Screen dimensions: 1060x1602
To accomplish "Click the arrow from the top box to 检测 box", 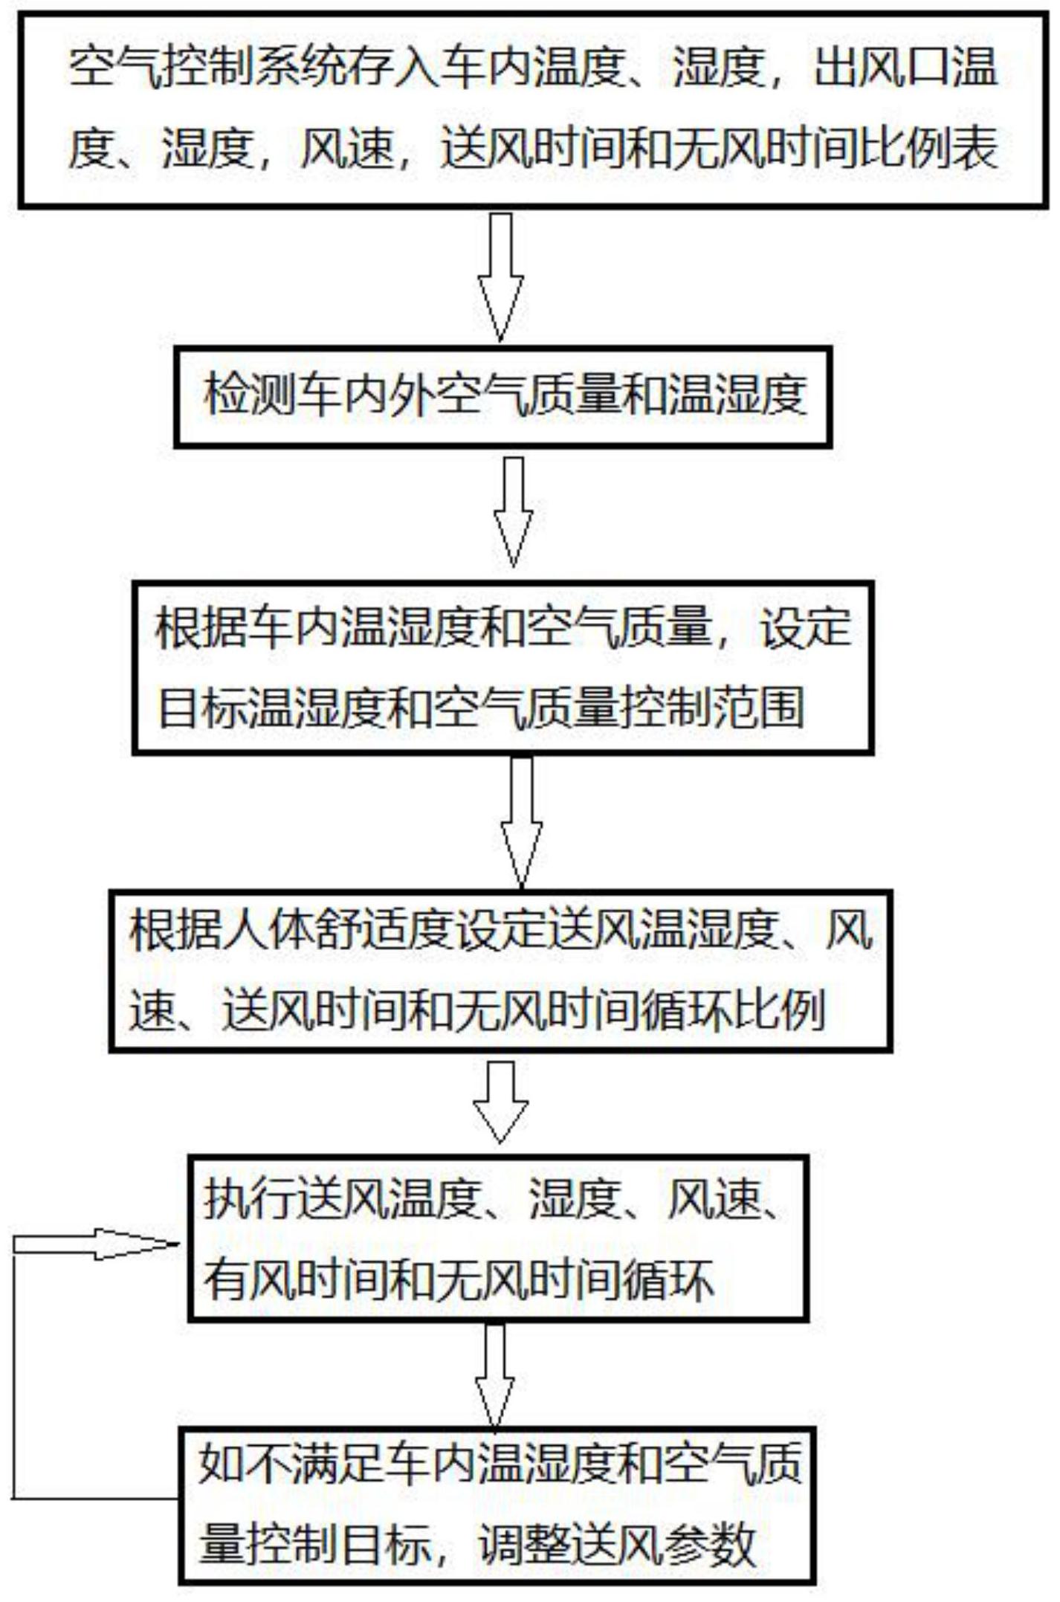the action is tap(500, 277).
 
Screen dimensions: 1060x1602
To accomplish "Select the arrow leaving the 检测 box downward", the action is tap(513, 511).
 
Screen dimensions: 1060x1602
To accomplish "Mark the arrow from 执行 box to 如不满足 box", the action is tap(495, 1375).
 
